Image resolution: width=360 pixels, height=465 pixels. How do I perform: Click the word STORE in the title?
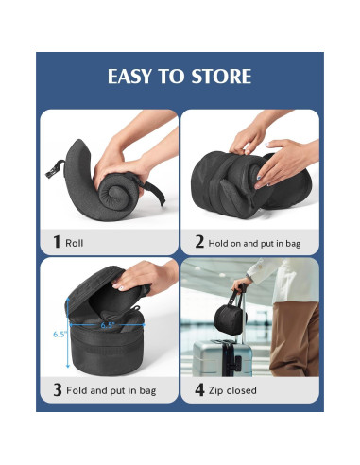(223, 77)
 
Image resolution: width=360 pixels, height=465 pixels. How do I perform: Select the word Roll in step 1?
(74, 243)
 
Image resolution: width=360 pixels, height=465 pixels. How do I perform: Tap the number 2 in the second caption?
(199, 242)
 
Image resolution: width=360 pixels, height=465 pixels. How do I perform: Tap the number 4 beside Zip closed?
(199, 389)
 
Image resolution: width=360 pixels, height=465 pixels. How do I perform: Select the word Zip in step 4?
(219, 390)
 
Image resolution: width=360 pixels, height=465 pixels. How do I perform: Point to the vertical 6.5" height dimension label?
(59, 333)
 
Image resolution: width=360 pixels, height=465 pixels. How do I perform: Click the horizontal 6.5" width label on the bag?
(109, 325)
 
